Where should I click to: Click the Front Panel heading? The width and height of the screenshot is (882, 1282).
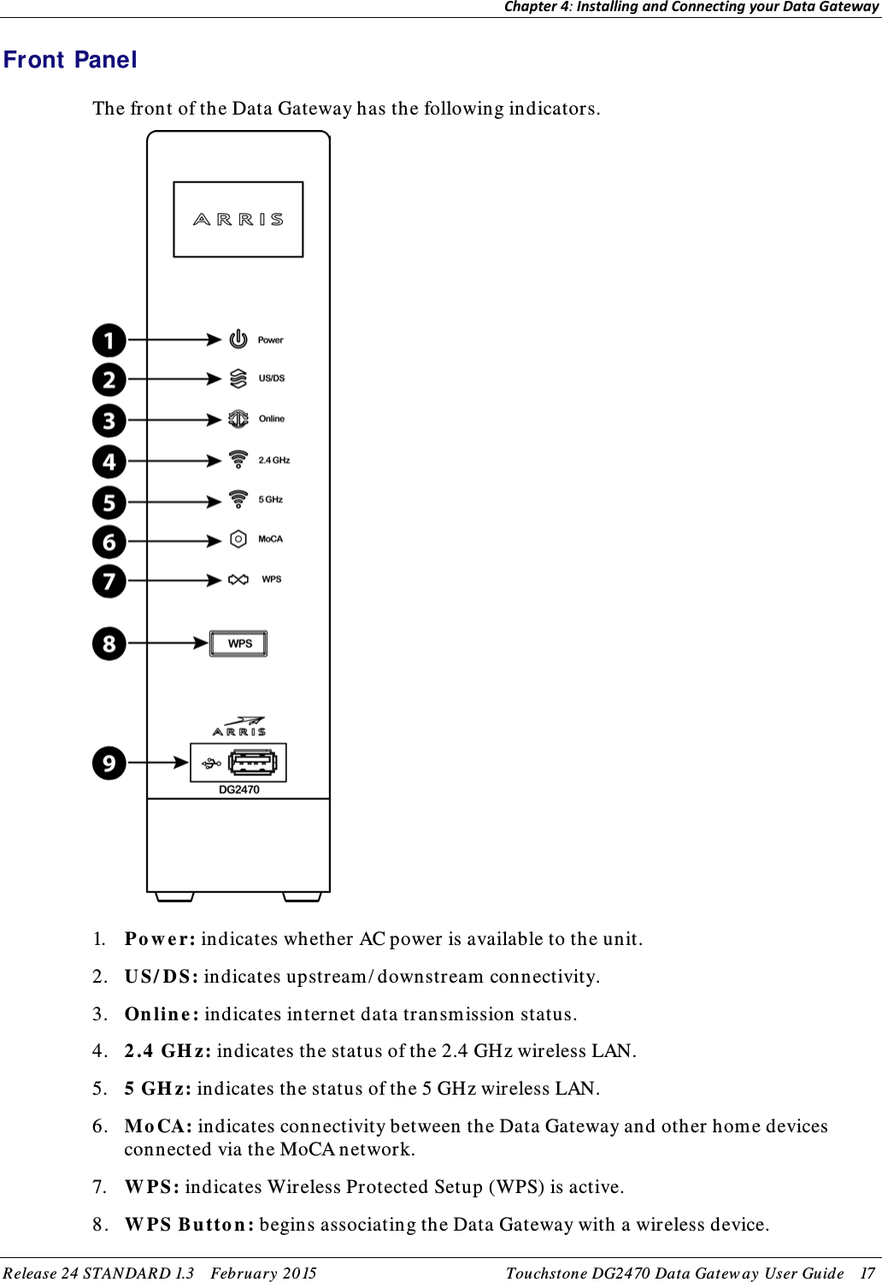[x=70, y=60]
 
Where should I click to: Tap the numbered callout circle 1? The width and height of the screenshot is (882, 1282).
[x=109, y=340]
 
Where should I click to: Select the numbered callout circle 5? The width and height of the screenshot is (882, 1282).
[x=109, y=502]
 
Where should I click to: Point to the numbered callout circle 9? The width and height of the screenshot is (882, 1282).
[x=109, y=763]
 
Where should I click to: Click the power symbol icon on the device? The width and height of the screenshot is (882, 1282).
[x=238, y=340]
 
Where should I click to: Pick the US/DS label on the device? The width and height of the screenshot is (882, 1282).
[x=272, y=378]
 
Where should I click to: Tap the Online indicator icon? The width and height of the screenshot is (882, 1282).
[x=238, y=419]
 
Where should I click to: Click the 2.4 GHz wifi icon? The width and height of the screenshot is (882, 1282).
[x=238, y=460]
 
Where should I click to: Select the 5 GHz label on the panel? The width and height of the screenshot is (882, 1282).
[x=271, y=499]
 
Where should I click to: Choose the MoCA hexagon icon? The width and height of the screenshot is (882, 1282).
[x=238, y=540]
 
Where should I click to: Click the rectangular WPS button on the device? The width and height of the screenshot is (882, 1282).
[x=239, y=643]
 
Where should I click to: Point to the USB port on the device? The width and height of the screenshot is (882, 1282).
[x=251, y=762]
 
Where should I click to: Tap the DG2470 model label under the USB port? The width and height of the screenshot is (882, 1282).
[x=239, y=789]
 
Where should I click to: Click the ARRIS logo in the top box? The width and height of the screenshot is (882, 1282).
[x=238, y=220]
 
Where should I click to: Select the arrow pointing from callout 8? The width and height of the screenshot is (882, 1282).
[x=168, y=643]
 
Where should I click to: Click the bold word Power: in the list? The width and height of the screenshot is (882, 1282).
[x=160, y=939]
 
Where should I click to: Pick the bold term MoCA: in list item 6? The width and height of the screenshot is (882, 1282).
[x=158, y=1126]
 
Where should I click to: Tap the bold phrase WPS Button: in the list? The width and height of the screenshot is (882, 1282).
[x=189, y=1225]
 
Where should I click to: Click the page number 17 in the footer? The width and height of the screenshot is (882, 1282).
[x=867, y=1273]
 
